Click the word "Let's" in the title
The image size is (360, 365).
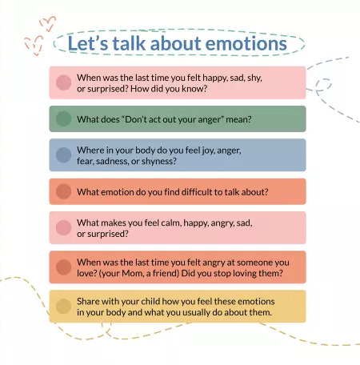[x=88, y=43]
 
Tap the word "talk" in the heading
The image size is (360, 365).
[x=129, y=43]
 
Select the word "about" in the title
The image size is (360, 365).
[x=176, y=43]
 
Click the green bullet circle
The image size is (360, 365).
[x=63, y=118]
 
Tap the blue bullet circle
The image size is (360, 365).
[x=63, y=155]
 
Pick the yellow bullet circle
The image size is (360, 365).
[x=63, y=306]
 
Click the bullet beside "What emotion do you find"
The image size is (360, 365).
[x=63, y=191]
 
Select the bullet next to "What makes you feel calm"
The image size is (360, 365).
[x=63, y=227]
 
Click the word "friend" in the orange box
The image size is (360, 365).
[x=165, y=273]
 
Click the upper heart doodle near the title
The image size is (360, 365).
[x=48, y=23]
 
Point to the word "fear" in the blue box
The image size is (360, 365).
[x=84, y=162]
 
